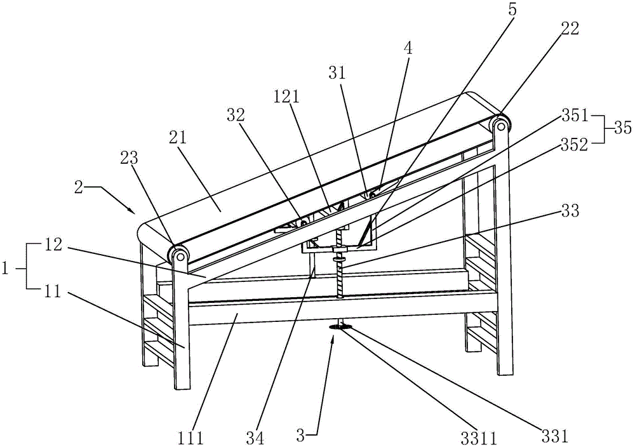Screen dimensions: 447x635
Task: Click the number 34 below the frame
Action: pyautogui.click(x=255, y=437)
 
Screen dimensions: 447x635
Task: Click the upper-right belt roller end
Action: pyautogui.click(x=501, y=124)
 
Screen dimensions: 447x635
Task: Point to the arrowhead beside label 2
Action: pyautogui.click(x=133, y=210)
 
